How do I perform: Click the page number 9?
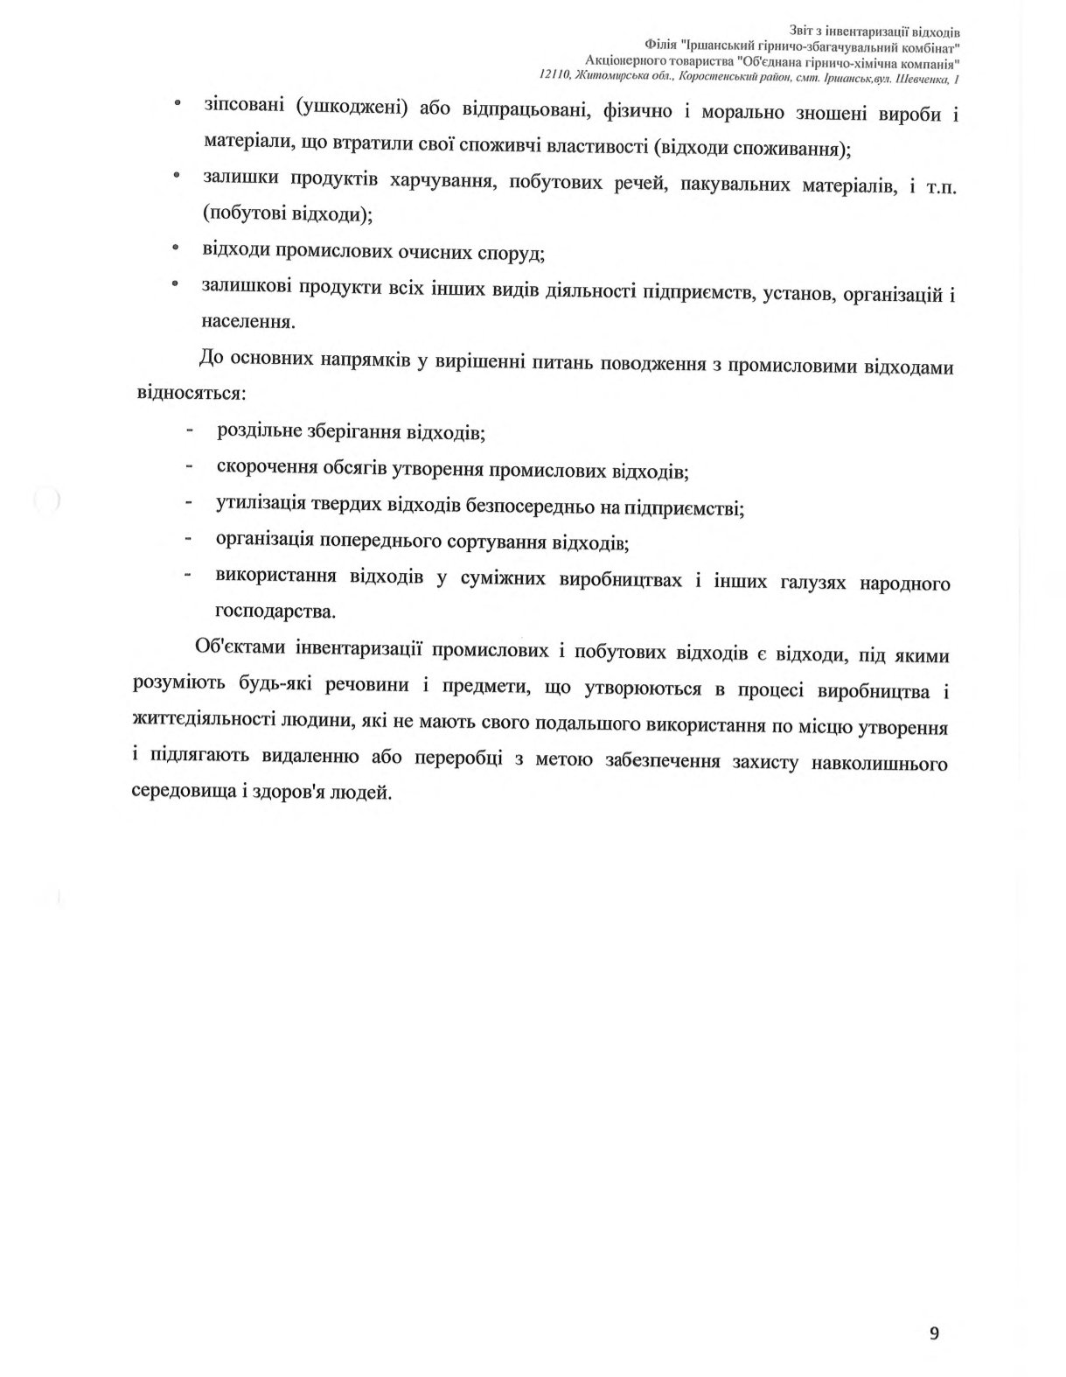pyautogui.click(x=935, y=1333)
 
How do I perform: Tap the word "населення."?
pyautogui.click(x=248, y=321)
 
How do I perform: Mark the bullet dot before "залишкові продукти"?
pyautogui.click(x=175, y=283)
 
